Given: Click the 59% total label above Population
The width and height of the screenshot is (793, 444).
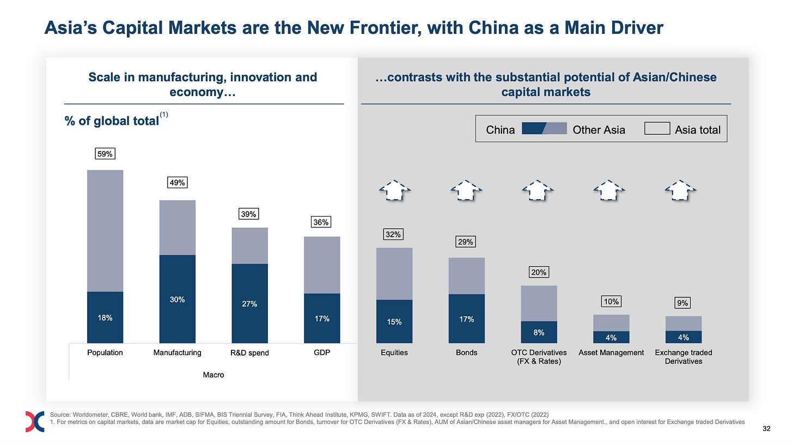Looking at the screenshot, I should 105,154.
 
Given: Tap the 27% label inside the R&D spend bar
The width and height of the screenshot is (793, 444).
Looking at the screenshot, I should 249,304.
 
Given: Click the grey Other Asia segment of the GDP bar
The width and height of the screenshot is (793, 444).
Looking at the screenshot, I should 322,265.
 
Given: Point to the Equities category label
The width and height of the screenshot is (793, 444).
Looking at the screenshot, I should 394,353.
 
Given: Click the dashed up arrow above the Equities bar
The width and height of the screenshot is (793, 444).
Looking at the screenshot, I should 394,190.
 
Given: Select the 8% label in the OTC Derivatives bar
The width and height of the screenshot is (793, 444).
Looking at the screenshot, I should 539,332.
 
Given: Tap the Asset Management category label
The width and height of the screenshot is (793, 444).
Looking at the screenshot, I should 611,353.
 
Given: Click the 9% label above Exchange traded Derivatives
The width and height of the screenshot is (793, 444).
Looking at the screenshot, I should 683,302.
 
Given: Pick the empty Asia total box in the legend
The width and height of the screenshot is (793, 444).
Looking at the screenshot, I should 657,129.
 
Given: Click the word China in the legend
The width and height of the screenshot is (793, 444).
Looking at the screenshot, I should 500,130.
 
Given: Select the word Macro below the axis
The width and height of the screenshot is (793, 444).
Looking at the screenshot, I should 213,375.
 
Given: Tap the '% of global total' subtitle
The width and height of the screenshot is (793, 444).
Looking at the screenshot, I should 111,121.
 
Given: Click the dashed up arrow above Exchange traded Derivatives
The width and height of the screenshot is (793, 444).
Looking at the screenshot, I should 683,190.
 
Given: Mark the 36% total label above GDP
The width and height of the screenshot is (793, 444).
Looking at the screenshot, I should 322,223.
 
